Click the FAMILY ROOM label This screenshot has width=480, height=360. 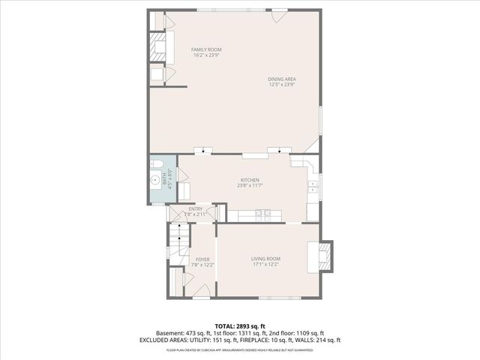(x=206, y=49)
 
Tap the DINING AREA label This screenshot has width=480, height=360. (x=282, y=79)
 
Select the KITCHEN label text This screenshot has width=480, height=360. (x=250, y=180)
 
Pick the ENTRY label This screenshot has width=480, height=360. (x=195, y=209)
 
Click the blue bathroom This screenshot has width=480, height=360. (x=161, y=180)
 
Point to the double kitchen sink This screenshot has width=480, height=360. (x=313, y=186)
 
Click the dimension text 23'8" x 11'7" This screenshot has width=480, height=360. (x=250, y=186)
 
